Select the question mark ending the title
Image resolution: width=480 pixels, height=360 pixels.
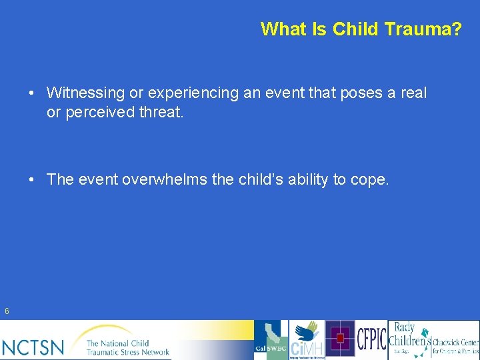(x=456, y=29)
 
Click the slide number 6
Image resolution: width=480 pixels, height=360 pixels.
(x=7, y=311)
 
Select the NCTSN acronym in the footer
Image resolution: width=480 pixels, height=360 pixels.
(x=33, y=347)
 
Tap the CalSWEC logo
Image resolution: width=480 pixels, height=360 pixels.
(x=271, y=340)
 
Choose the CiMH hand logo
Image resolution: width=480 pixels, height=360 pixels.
(x=307, y=340)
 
